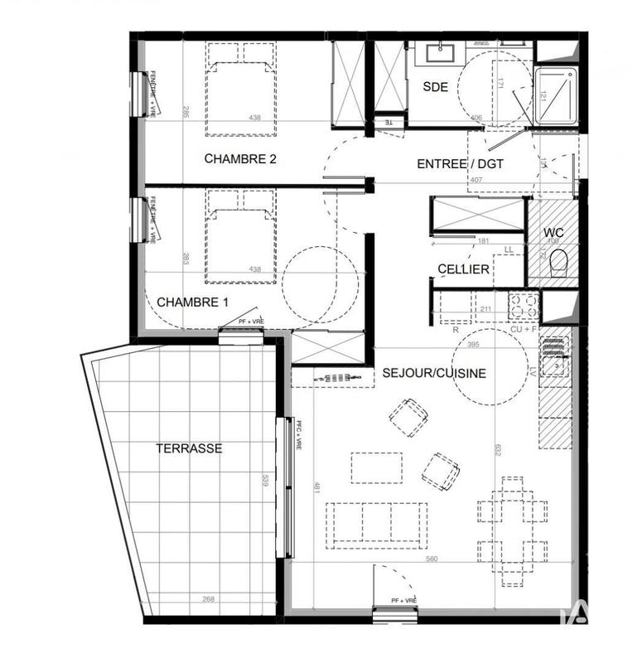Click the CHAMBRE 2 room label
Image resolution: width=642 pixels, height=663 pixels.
239,159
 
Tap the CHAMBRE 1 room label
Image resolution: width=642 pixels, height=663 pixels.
193,302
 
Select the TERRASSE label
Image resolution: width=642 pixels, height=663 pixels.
190,448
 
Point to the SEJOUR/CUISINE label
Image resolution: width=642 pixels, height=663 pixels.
434,373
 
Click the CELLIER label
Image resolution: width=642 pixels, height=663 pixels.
464,269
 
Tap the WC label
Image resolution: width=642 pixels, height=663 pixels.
553,233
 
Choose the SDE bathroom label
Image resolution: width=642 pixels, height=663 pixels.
436,86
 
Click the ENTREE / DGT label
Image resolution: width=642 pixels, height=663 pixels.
460,164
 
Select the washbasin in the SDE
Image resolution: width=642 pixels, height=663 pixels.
437,54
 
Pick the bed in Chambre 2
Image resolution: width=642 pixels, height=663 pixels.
239,90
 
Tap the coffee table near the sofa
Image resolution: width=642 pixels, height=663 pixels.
377,468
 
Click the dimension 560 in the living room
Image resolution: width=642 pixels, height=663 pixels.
432,559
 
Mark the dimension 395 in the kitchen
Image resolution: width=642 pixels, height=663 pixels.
473,344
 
